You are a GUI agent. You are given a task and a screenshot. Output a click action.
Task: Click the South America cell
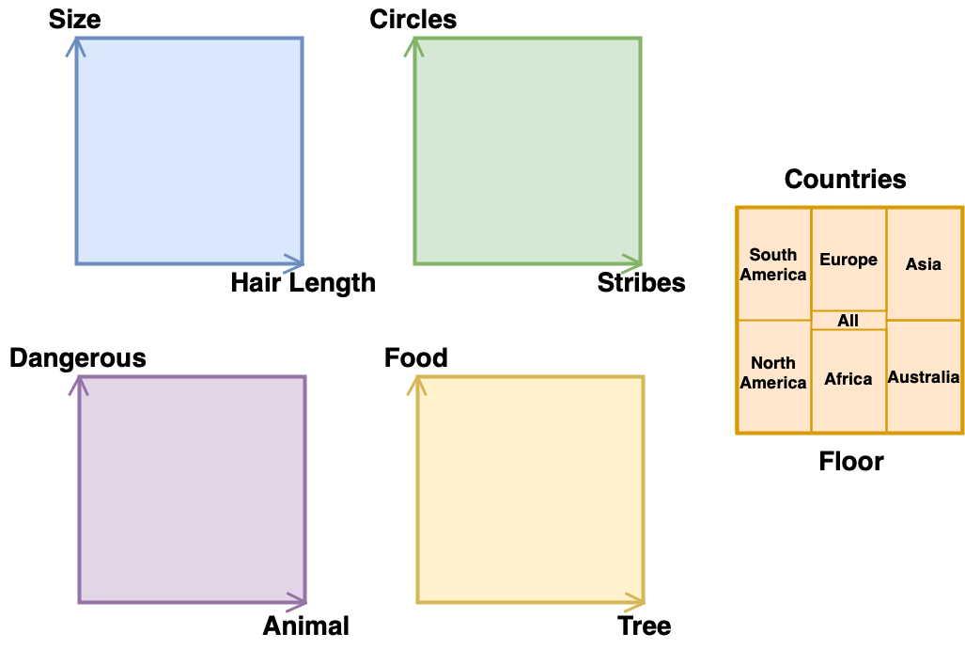point(773,264)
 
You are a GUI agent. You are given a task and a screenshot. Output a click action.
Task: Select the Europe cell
point(848,260)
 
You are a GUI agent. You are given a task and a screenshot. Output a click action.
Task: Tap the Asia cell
point(924,264)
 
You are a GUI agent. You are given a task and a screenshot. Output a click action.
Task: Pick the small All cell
point(848,321)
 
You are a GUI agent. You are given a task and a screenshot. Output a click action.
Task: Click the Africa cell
point(848,380)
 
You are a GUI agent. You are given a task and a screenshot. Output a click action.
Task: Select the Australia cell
point(924,376)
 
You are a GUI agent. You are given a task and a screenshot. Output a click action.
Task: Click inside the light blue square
point(189,150)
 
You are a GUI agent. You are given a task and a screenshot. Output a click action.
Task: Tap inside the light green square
point(527,150)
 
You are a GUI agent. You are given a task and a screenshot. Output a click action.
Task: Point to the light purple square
point(192,489)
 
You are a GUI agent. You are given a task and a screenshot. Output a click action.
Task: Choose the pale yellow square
point(530,489)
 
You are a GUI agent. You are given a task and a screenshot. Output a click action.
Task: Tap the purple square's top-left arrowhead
point(82,385)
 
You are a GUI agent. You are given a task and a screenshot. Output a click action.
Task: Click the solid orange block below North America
point(776,527)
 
